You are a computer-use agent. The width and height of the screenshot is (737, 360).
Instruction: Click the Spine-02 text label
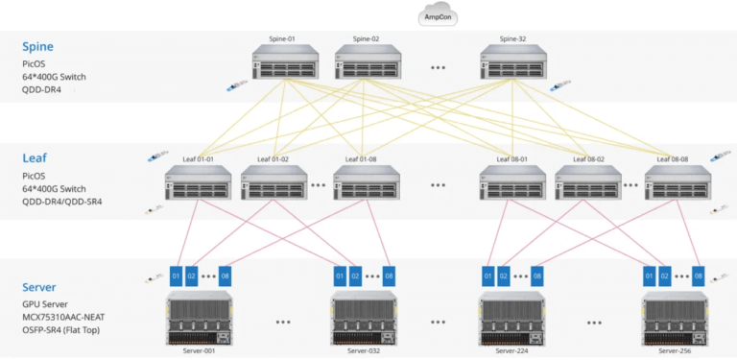coord(366,39)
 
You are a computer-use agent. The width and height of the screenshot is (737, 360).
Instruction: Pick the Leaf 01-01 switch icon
coord(198,183)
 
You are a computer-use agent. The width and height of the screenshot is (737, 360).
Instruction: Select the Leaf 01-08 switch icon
coord(366,183)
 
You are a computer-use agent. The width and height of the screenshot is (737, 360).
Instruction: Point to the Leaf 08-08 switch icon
coord(678,183)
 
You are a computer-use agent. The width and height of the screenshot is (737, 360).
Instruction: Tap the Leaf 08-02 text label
coord(588,158)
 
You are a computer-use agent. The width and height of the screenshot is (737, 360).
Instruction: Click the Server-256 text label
coord(676,352)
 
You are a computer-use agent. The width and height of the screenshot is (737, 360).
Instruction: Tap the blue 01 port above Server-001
coord(176,276)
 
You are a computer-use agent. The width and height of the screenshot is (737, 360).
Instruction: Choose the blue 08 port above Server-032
coord(389,276)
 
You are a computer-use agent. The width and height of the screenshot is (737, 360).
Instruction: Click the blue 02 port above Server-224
coord(504,276)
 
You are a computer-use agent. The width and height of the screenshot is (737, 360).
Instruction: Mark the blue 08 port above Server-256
coord(699,276)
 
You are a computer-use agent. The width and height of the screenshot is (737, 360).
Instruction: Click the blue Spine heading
coord(38,46)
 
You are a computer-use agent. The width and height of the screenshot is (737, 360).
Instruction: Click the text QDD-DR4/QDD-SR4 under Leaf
coord(63,203)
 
